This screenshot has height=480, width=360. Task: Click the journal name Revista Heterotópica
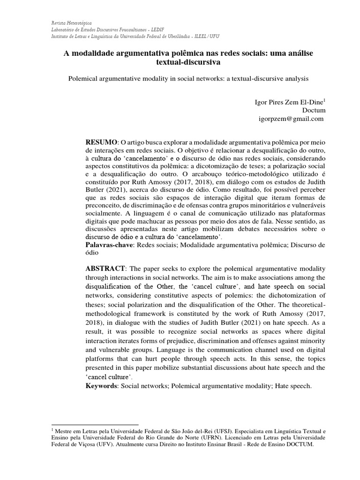[x=72, y=22]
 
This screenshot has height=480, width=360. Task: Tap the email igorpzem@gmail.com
[x=291, y=119]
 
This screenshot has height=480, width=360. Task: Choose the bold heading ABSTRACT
[x=105, y=268]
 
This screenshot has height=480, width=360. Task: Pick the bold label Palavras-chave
[x=109, y=245]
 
